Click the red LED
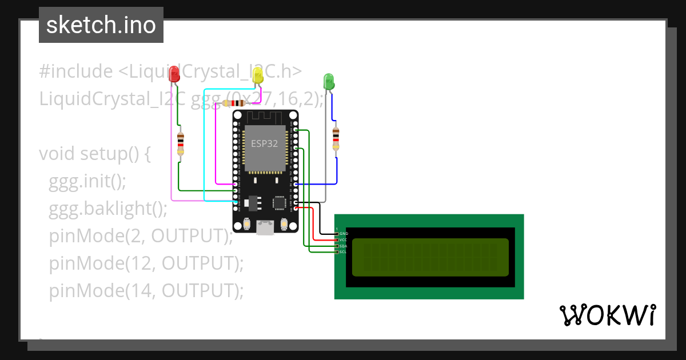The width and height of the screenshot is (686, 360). (x=174, y=74)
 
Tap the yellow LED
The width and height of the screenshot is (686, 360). (x=258, y=74)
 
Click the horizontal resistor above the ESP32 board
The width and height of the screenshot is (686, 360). (x=234, y=103)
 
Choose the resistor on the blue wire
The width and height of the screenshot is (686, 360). (x=336, y=139)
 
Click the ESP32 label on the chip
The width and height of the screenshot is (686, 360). (x=264, y=143)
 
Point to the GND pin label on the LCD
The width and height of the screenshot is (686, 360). (x=343, y=234)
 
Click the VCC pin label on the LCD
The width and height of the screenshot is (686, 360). (x=343, y=240)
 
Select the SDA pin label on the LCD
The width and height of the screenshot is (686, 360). (x=343, y=246)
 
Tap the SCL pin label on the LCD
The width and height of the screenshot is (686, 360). (x=343, y=252)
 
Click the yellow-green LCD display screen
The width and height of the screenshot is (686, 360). (x=430, y=257)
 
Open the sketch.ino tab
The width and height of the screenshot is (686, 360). (x=101, y=25)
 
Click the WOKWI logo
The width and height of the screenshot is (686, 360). (x=607, y=315)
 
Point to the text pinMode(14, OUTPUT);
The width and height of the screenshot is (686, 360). (x=146, y=291)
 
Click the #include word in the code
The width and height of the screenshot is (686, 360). (x=76, y=71)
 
